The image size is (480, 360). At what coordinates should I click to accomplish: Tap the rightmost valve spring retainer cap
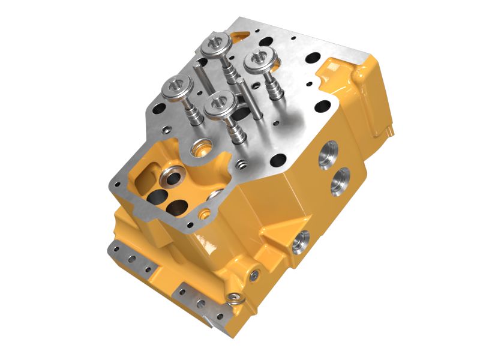click(259, 62)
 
